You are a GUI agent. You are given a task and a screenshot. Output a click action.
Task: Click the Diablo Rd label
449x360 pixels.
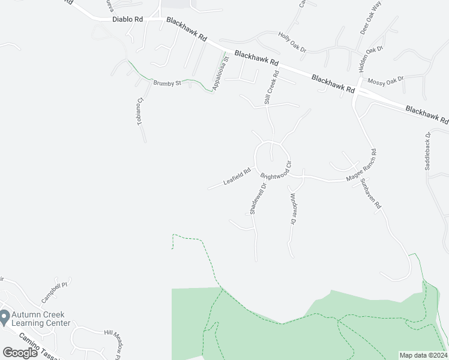coord(127,19)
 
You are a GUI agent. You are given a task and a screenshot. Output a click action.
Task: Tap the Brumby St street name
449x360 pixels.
coord(167,83)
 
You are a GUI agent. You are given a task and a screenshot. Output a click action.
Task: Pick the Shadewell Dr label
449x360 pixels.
coord(257,199)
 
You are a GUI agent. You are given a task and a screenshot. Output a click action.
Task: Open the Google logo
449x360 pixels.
coord(20,352)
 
